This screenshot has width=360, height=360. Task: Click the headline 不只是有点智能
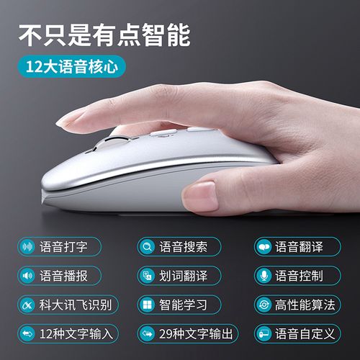click(104, 33)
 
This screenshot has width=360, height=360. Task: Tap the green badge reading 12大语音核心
click(72, 67)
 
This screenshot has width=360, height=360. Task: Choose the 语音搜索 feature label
click(183, 247)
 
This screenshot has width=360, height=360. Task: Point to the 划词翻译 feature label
click(183, 276)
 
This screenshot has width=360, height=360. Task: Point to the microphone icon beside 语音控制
click(264, 276)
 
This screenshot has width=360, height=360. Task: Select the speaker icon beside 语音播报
click(29, 276)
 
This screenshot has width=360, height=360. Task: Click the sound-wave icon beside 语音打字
click(29, 247)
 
